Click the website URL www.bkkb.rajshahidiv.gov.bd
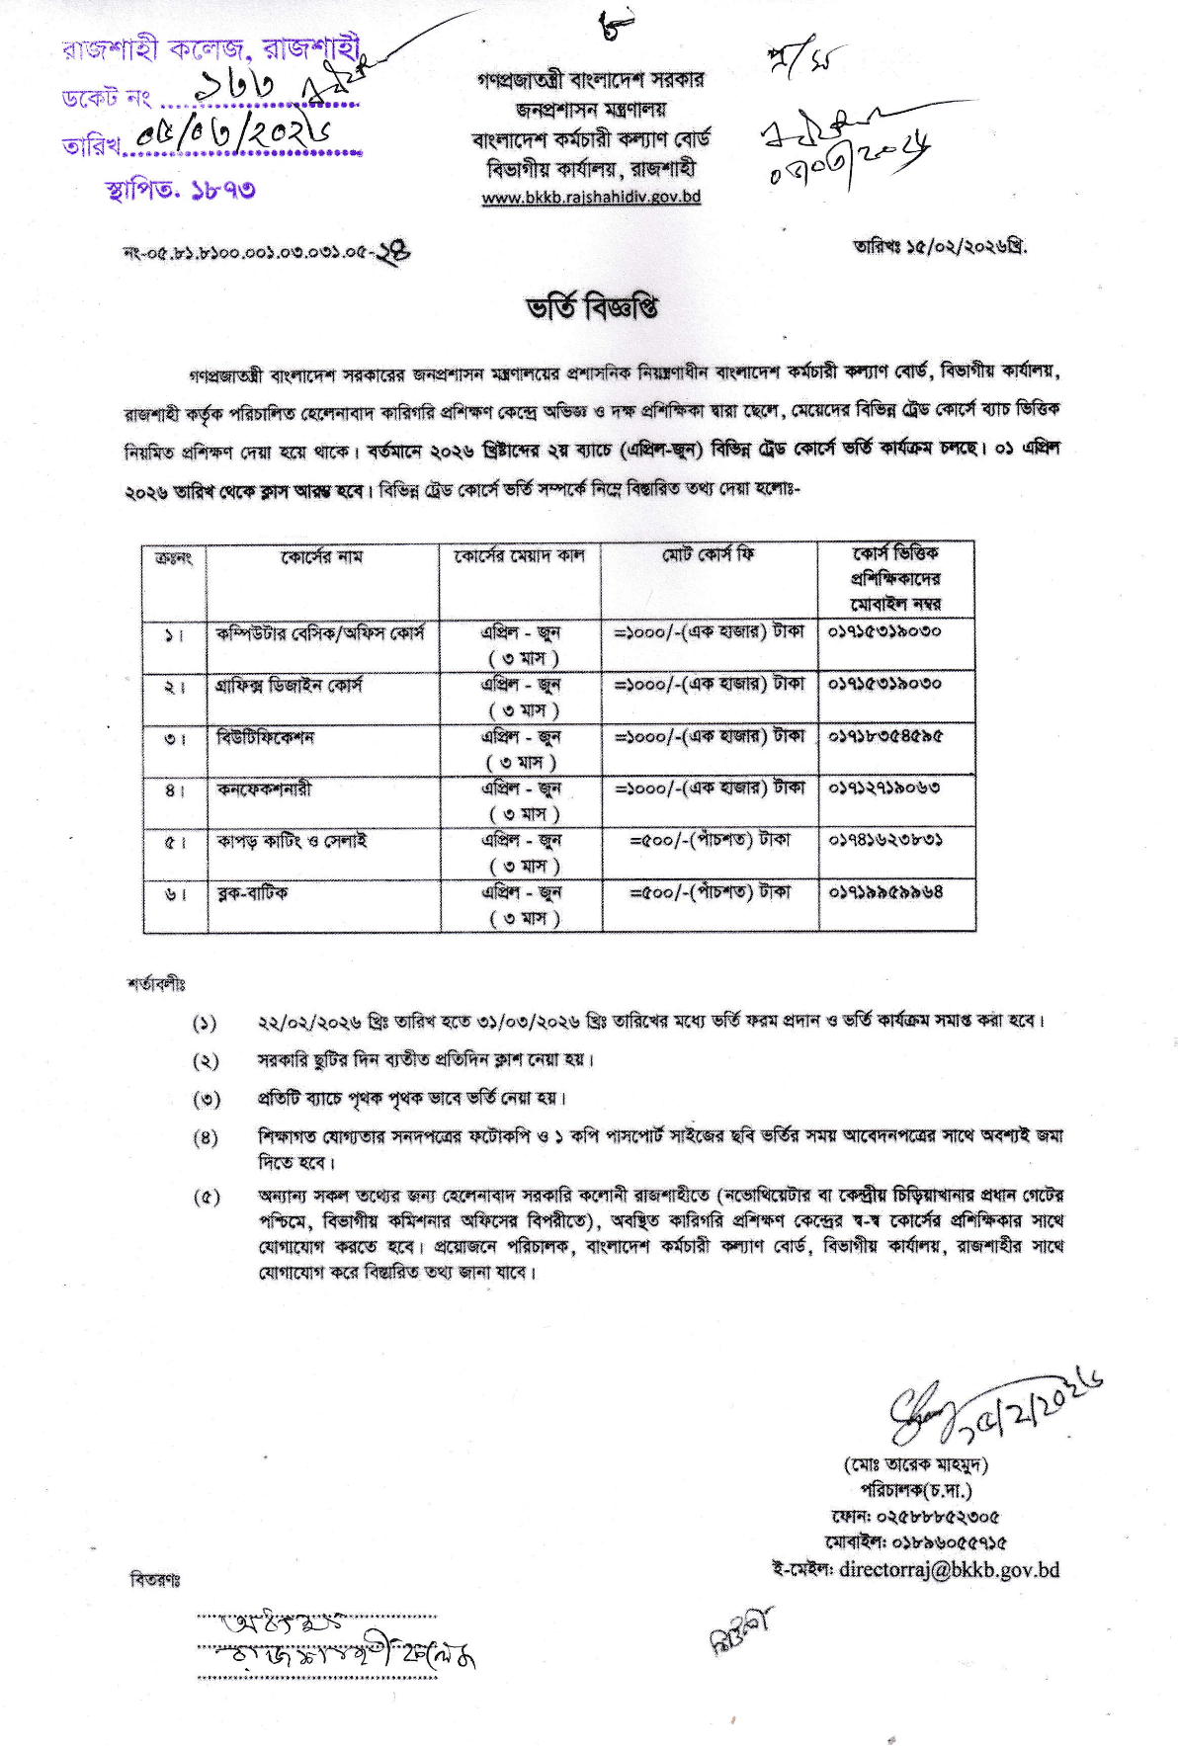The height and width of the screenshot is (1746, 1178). point(591,197)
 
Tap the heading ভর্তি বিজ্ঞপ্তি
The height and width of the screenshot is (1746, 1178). point(591,307)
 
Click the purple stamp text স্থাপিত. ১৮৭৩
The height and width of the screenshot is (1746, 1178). point(181,188)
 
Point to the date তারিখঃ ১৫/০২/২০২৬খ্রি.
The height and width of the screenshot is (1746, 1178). point(940,247)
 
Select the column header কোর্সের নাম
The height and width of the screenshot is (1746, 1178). point(321,557)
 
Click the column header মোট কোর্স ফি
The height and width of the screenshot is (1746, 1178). point(708,555)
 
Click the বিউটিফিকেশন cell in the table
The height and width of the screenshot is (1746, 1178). point(265,737)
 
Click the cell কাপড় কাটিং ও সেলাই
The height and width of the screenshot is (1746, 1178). point(292,841)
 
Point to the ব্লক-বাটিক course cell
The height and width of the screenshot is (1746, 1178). point(253,893)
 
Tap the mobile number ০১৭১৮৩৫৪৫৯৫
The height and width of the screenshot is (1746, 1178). point(884,736)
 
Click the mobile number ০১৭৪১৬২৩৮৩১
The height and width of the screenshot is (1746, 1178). point(884,840)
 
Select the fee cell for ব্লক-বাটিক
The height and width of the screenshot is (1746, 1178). point(710,892)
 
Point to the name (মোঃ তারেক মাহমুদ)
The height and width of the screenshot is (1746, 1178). point(915,1464)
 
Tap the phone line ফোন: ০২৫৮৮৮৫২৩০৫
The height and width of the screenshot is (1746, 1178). point(915,1517)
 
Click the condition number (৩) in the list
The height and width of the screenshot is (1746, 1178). point(206,1099)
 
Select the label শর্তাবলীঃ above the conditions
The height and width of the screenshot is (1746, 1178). point(156,984)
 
